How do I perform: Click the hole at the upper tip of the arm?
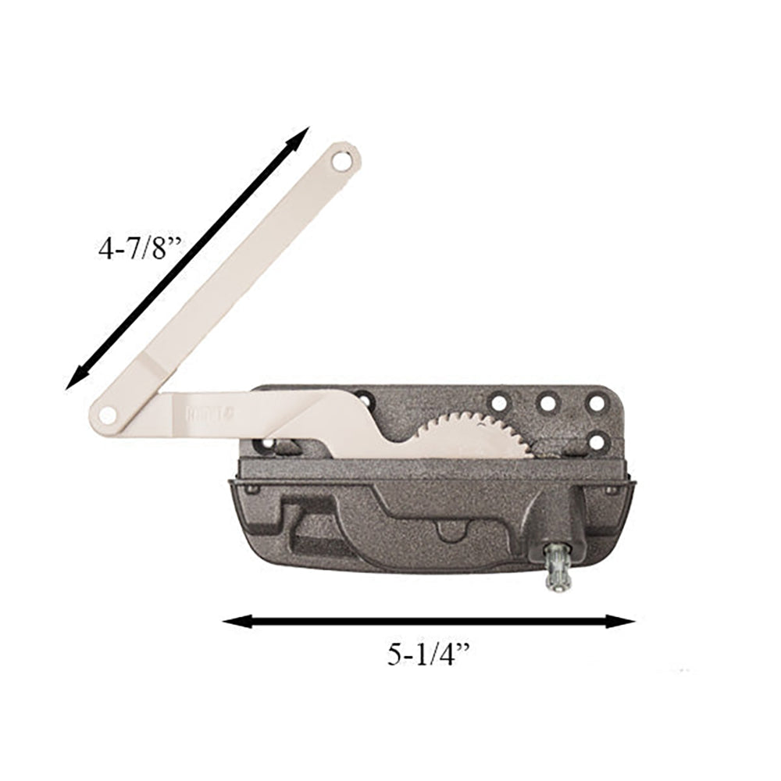pos(341,162)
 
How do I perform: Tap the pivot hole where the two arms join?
pos(107,414)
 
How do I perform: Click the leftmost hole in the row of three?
pos(497,403)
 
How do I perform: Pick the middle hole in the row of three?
pos(547,403)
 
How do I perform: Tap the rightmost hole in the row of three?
pos(597,403)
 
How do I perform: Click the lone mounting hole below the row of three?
pos(597,441)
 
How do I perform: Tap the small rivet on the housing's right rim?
pos(611,490)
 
